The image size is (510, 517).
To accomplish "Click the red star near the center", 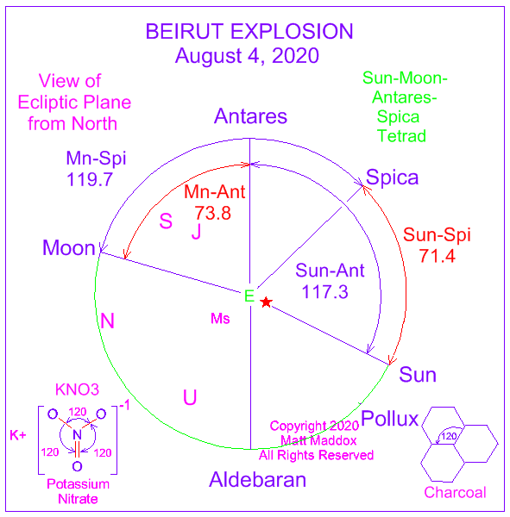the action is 266,302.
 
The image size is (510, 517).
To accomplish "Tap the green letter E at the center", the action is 249,296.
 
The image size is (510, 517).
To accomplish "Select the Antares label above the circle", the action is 251,116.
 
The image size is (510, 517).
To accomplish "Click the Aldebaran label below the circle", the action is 258,479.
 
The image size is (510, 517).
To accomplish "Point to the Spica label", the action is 392,178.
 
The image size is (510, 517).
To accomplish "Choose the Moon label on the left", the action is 69,247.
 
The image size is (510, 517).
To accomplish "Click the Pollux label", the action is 390,419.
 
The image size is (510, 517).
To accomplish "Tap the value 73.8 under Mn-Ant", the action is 213,213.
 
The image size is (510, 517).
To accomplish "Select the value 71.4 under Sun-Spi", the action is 438,256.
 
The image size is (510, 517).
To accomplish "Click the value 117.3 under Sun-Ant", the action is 325,292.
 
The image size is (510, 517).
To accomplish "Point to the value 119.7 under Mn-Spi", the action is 90,180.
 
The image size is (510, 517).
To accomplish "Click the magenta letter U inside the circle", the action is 190,397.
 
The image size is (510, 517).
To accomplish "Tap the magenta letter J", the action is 196,231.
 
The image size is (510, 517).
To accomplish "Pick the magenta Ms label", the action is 220,319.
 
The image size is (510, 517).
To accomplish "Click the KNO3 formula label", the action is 77,389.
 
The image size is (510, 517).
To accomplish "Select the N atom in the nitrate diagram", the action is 77,434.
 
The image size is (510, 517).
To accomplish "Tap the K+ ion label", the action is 18,435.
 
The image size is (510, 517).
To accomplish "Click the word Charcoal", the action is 455,492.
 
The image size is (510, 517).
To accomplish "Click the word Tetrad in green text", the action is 401,136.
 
